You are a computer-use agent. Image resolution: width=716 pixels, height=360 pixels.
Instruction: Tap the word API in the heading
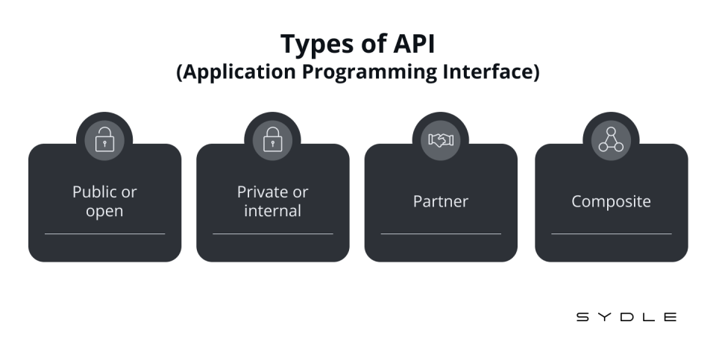tap(414, 44)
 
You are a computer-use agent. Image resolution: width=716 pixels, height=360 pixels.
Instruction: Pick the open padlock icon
tap(104, 139)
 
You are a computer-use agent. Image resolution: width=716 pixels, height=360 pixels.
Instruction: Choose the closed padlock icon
tap(273, 139)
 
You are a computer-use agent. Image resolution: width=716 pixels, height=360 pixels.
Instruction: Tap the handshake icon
tap(441, 140)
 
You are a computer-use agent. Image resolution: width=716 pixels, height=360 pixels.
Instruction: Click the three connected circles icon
tap(611, 139)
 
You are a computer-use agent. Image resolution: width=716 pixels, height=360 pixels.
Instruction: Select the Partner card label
tap(441, 201)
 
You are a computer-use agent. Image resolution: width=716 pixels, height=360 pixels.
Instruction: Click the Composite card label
tap(611, 202)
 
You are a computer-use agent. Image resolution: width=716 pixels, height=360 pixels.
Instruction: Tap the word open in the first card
tap(104, 212)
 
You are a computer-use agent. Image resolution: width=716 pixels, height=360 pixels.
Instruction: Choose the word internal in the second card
tap(273, 210)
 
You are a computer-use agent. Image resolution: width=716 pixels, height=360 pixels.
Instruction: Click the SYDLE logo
tap(626, 317)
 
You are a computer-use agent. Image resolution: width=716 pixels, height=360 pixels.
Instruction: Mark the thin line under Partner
tap(441, 233)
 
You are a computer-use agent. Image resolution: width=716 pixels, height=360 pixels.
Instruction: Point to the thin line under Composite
tap(612, 233)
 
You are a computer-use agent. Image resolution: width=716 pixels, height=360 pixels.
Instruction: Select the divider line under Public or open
tap(104, 233)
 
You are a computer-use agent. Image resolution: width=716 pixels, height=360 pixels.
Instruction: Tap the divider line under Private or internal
tap(273, 233)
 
